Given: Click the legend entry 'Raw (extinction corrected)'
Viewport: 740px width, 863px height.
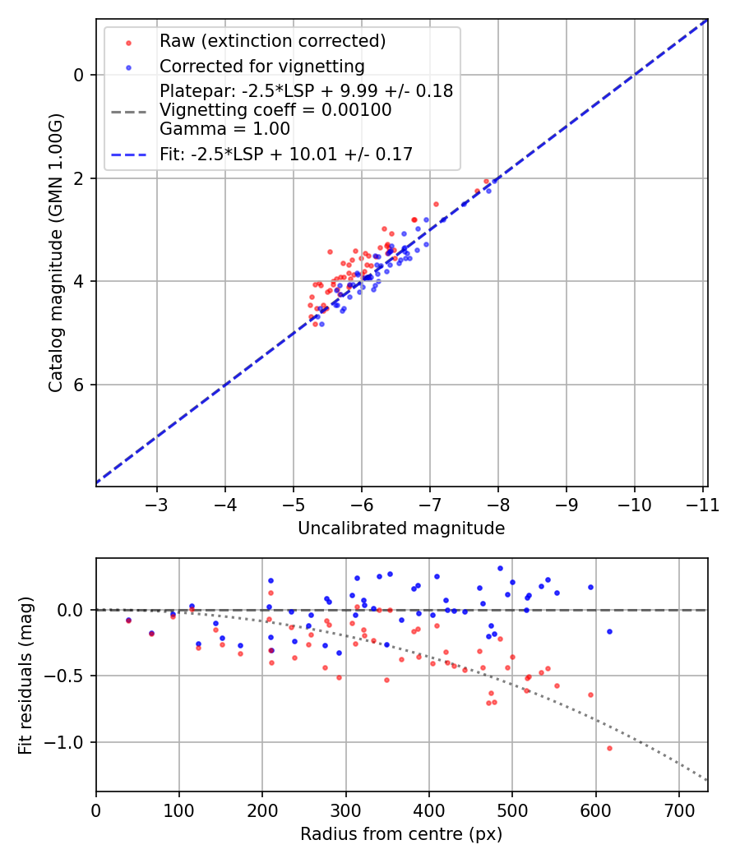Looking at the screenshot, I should coord(272,41).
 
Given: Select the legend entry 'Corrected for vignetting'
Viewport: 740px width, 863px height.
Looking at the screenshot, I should coord(261,66).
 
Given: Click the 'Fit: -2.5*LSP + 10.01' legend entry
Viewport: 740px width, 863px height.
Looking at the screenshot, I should coord(285,154).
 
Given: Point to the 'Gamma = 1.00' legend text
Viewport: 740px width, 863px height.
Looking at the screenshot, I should coord(224,129).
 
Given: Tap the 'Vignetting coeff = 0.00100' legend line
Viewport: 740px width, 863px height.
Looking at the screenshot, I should coord(275,110).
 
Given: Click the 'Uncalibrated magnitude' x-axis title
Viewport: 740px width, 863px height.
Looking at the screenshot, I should coord(401,528).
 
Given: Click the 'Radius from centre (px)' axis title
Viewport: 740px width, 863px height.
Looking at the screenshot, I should coord(401,834).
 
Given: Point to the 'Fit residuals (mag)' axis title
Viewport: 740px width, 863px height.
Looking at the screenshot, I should coord(26,675).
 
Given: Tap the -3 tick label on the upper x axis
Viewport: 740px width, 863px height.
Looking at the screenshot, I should coord(157,504).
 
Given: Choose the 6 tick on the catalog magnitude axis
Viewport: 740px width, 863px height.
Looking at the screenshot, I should coord(79,385).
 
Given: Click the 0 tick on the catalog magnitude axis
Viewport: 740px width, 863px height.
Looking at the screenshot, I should coord(79,75).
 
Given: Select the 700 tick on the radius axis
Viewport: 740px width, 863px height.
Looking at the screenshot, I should coord(678,810).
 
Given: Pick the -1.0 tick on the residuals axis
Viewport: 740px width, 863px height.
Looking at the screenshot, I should coord(68,742).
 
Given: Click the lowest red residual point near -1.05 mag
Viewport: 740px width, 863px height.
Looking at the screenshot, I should coord(609,748).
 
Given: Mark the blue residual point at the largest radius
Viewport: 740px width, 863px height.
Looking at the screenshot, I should coord(609,631).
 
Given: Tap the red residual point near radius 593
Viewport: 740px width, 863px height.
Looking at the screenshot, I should coord(590,695).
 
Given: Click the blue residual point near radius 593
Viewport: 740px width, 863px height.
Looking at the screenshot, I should coord(590,587).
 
